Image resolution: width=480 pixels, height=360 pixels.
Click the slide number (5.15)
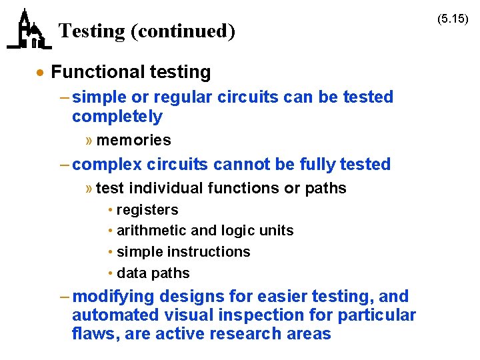pyautogui.click(x=453, y=19)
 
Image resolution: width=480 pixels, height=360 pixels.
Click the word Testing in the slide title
pyautogui.click(x=91, y=31)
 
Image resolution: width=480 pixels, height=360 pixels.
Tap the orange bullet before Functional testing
pyautogui.click(x=41, y=73)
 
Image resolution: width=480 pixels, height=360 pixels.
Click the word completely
pyautogui.click(x=117, y=117)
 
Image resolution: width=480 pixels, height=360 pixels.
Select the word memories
pyautogui.click(x=133, y=140)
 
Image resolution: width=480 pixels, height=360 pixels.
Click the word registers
pyautogui.click(x=147, y=209)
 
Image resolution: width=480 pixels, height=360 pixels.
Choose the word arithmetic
pyautogui.click(x=151, y=231)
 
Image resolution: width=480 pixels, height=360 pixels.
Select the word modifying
pyautogui.click(x=113, y=296)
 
